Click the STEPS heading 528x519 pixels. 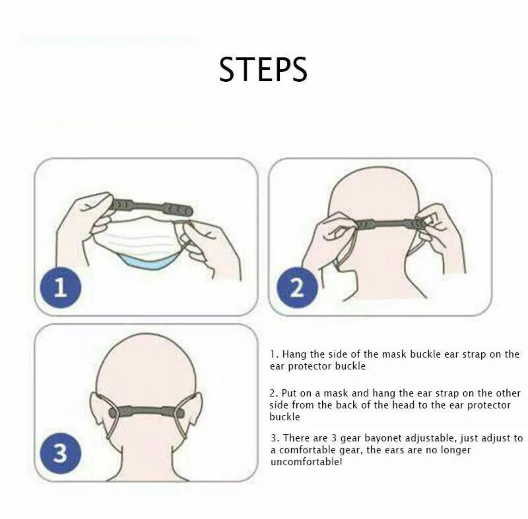click(263, 69)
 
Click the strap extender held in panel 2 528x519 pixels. click(385, 223)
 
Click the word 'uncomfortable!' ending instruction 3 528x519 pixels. click(306, 462)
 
